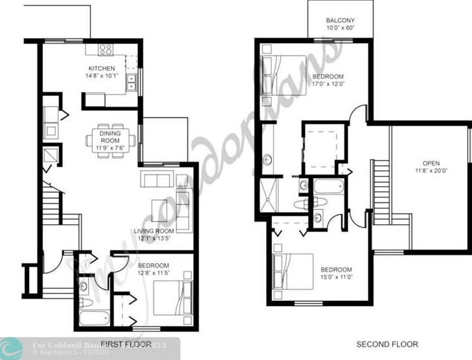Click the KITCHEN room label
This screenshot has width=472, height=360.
point(101,68)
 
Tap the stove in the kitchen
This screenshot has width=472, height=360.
point(106,50)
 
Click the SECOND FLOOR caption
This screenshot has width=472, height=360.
point(386,344)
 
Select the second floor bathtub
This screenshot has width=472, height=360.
point(328,187)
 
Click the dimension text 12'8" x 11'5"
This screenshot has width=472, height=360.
point(153,274)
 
